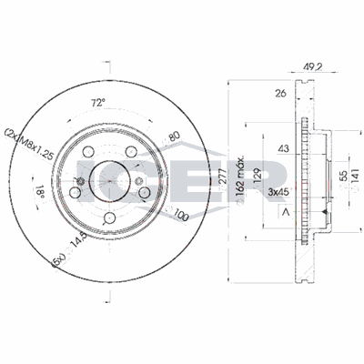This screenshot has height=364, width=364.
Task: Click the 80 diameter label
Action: (172, 138)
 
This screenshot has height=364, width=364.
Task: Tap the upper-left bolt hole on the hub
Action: (88, 153)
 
